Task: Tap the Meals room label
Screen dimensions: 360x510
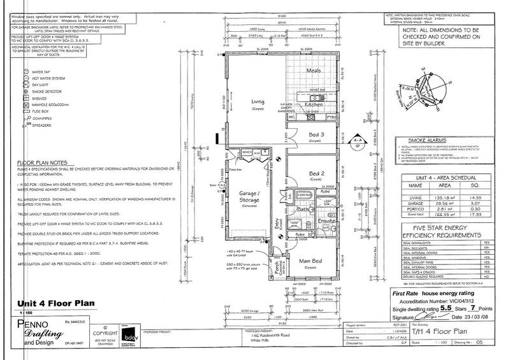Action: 312,71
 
